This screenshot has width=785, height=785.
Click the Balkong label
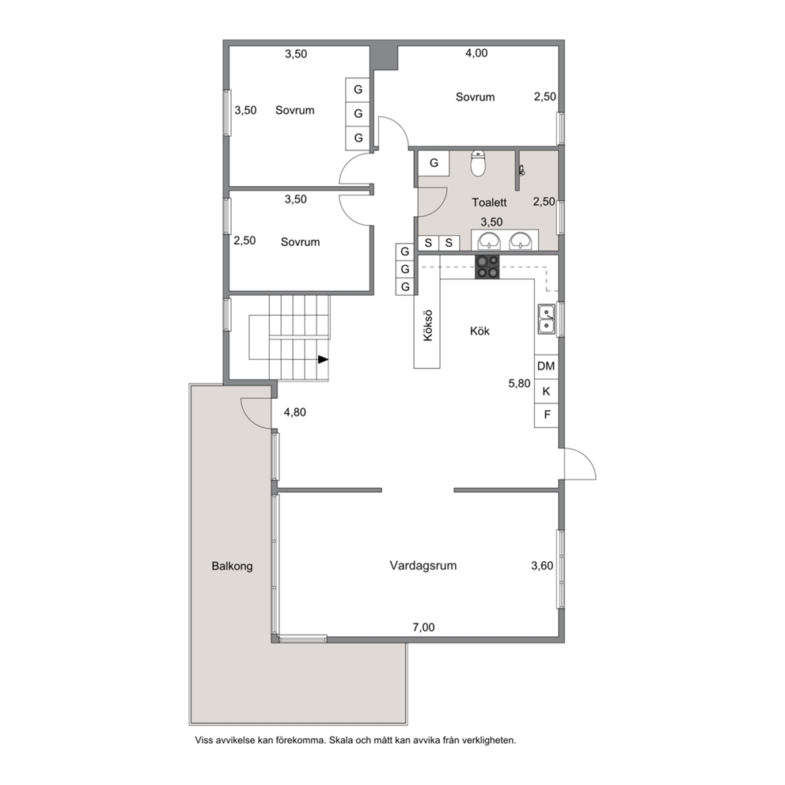232,567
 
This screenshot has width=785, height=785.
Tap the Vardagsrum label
423,566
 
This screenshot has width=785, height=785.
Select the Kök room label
480,331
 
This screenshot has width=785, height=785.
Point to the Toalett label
489,203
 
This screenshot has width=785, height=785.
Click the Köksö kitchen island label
427,326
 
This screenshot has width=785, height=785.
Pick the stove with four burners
487,267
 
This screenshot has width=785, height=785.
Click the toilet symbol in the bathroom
479,164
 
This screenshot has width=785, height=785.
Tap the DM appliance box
546,366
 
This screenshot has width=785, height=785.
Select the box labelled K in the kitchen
546,391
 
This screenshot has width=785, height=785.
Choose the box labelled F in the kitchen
546,415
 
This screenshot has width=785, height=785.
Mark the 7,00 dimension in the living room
423,628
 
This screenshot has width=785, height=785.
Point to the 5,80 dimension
519,384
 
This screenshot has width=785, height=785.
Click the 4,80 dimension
295,412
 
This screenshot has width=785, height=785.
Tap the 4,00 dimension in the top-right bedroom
476,53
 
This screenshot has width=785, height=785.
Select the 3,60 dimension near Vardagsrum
542,566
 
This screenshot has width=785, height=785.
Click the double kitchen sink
546,319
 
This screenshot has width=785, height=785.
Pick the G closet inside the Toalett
434,163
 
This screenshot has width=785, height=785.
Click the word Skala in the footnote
341,741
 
